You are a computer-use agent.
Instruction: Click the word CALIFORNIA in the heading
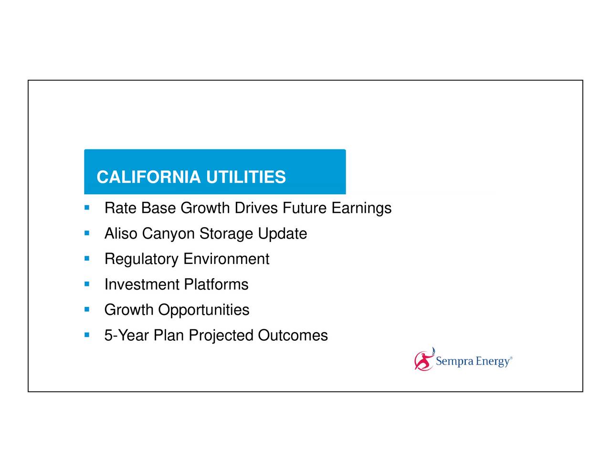coord(148,177)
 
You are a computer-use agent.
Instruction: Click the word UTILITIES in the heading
coord(246,177)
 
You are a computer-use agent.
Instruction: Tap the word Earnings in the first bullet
coord(361,209)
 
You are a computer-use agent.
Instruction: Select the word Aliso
coord(121,234)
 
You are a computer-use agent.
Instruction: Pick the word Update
coord(282,234)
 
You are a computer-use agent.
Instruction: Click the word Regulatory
coord(141,260)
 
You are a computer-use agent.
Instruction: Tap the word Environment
coord(226,259)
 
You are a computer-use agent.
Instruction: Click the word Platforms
coord(216,284)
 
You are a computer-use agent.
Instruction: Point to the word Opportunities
coord(204,310)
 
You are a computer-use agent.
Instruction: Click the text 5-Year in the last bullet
coord(126,336)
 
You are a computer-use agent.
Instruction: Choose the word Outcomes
coord(293,336)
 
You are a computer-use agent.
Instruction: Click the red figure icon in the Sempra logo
coord(423,361)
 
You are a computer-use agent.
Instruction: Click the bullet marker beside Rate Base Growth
coord(86,208)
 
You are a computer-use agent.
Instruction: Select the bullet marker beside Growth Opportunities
coord(86,310)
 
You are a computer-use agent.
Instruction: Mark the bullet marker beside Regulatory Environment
coord(86,259)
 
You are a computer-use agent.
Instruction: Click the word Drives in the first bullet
coord(256,209)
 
